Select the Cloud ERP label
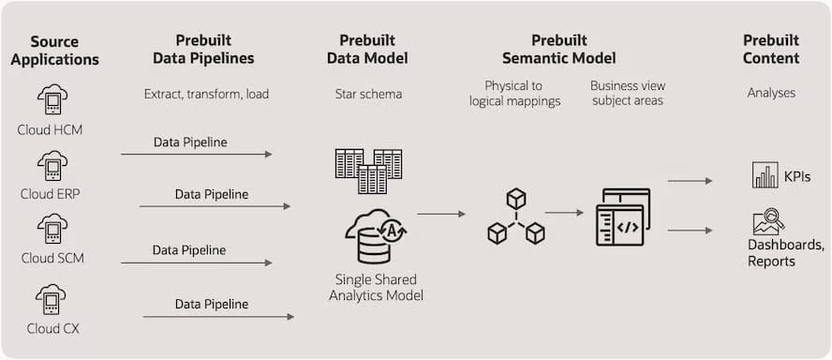click(52, 194)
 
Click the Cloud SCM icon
click(52, 230)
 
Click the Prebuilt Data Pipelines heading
click(215, 50)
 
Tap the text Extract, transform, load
click(205, 94)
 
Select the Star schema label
click(368, 94)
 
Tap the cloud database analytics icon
click(374, 236)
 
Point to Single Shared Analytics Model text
click(376, 288)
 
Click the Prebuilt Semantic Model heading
click(558, 50)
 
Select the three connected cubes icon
click(516, 217)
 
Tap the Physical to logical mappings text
click(514, 94)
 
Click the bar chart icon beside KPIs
click(765, 175)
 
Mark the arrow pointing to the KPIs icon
click(691, 181)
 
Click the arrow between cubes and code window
click(564, 213)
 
